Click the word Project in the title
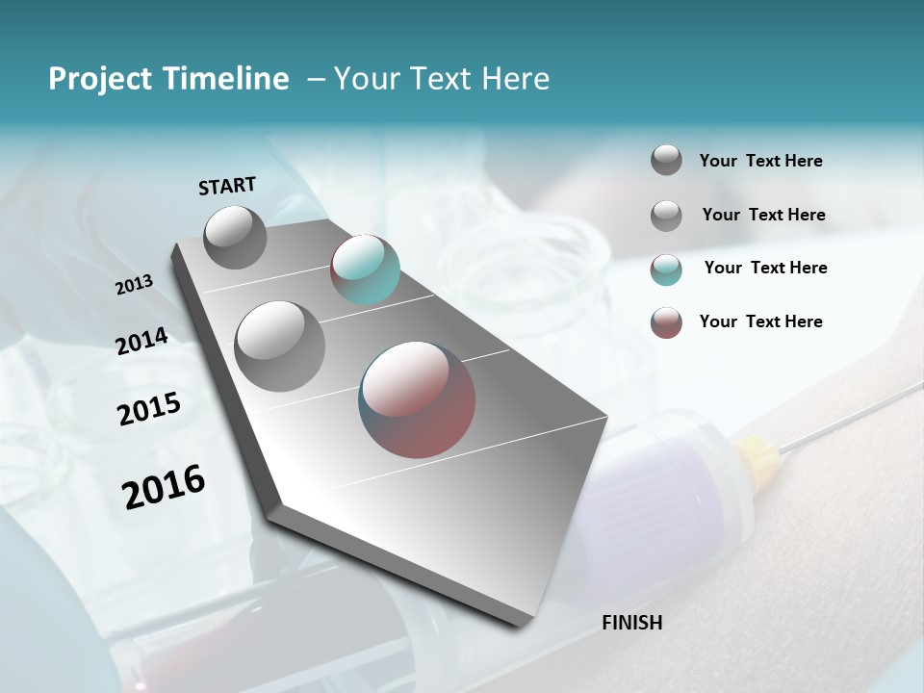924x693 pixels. [99, 79]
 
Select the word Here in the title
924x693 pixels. [515, 79]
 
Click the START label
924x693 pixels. [227, 186]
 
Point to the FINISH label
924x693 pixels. [631, 623]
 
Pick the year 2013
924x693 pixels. [134, 285]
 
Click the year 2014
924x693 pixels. [141, 341]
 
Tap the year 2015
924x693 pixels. [149, 409]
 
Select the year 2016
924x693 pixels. [164, 487]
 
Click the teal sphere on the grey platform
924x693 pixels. [365, 269]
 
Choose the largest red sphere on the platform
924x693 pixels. [417, 399]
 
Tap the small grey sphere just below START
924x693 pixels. [235, 237]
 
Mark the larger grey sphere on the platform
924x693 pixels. [280, 346]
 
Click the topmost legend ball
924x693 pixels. [666, 160]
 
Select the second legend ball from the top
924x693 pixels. [666, 216]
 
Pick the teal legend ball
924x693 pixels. [666, 269]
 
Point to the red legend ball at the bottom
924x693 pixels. [666, 322]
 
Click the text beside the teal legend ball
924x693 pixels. [765, 268]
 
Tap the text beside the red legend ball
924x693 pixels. [760, 321]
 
